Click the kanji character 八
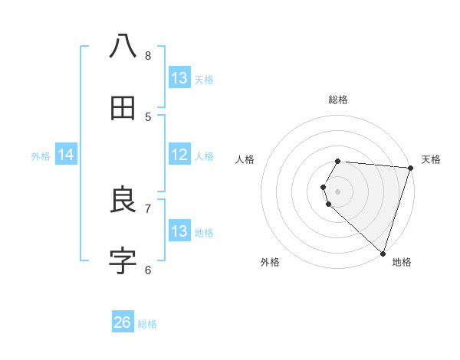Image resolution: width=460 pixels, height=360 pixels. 123,46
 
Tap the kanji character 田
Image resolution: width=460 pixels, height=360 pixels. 123,110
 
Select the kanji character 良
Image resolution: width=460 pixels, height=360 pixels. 123,201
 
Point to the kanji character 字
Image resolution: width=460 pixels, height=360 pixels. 123,261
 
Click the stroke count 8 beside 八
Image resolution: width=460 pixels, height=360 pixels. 148,55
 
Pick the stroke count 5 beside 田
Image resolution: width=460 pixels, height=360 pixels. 148,116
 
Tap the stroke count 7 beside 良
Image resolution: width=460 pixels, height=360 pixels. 148,208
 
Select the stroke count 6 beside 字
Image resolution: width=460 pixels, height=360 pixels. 148,269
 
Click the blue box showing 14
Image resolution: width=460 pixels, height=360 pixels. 66,155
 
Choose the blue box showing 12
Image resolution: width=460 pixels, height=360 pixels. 179,155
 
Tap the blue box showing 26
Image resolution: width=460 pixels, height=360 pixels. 123,322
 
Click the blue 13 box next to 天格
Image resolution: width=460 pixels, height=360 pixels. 179,78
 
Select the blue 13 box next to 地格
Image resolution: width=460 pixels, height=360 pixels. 179,231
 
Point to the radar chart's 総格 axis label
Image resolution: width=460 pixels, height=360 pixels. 338,100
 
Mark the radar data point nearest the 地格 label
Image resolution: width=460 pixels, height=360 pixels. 383,252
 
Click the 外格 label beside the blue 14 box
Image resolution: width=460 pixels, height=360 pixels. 41,156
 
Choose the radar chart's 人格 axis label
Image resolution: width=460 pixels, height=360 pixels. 245,159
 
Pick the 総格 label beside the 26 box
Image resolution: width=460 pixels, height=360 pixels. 147,324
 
